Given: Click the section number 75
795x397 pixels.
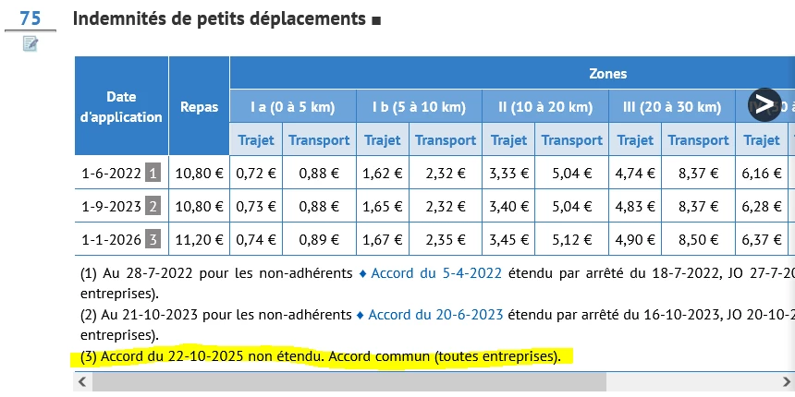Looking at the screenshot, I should (x=30, y=18).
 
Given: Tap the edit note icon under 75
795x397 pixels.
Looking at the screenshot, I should (x=30, y=43).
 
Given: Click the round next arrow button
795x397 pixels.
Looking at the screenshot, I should (x=764, y=104).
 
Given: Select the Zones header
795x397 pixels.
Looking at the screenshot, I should (x=607, y=73).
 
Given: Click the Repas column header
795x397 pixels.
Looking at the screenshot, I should (x=199, y=106).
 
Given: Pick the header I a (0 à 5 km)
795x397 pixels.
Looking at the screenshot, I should (x=292, y=106).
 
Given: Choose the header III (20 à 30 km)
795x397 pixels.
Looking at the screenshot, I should (x=671, y=106).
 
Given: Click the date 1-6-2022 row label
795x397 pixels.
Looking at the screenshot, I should (x=111, y=172).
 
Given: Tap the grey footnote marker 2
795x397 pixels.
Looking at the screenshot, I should (x=153, y=205).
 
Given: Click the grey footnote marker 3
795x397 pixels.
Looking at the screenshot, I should (x=153, y=239).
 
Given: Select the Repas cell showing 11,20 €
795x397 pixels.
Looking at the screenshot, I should (x=199, y=239).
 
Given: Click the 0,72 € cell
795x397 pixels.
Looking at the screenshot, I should (x=256, y=172).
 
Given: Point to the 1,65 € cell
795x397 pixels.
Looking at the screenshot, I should (x=383, y=205).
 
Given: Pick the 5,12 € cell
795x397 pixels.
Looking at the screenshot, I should (x=571, y=239).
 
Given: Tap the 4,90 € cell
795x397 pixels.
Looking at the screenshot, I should (x=635, y=239).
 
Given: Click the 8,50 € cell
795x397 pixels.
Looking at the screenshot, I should (x=698, y=239).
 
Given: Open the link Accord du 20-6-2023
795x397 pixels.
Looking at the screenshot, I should (x=435, y=314).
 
